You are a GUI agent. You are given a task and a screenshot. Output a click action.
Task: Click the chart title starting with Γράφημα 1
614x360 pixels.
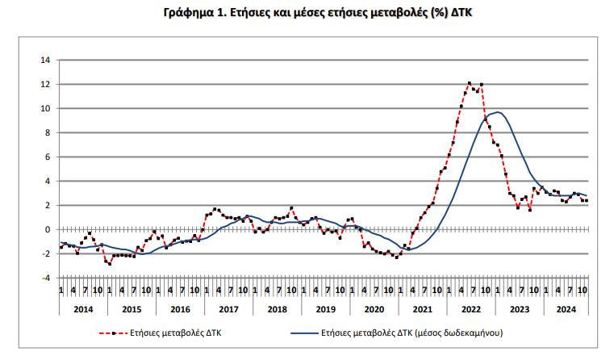[x=318, y=13]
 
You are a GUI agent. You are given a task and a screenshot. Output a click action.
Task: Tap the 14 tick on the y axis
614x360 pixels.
[x=45, y=60]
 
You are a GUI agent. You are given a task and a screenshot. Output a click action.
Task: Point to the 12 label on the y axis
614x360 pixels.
[x=45, y=84]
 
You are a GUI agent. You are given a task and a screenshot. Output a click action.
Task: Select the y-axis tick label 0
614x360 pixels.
[x=48, y=229]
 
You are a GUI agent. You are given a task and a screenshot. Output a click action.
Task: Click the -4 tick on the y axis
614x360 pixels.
[x=46, y=278]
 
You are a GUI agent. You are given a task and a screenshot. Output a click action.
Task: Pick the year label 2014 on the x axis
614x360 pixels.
[x=83, y=309]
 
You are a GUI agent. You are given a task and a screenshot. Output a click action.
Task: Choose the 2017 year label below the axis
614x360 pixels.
[x=228, y=309]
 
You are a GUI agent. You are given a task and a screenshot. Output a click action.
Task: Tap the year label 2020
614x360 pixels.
[x=374, y=309]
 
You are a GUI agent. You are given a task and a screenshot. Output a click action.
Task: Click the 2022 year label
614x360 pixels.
[x=471, y=309]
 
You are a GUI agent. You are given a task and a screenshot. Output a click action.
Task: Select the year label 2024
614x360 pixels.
[x=566, y=309]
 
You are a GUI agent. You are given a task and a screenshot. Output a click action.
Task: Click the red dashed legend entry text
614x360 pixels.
[x=176, y=333]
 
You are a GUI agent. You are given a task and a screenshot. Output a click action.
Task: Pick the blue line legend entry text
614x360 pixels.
[x=412, y=333]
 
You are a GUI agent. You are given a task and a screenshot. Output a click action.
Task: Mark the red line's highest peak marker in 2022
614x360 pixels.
[x=469, y=83]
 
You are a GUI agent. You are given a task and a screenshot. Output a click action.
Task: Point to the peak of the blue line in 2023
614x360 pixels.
[x=497, y=112]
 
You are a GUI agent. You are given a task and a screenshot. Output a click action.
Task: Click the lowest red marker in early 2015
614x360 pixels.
[x=110, y=264]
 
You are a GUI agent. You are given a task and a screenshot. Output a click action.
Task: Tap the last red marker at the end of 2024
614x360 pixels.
[x=587, y=200]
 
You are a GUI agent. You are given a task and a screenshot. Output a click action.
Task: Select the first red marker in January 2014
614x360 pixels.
[x=61, y=247]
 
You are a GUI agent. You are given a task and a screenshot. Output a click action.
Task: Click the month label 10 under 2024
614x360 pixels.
[x=583, y=291]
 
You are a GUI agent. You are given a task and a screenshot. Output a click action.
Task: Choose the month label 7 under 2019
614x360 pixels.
[x=328, y=291]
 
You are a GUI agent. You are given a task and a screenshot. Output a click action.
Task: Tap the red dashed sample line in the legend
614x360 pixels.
[x=114, y=333]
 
